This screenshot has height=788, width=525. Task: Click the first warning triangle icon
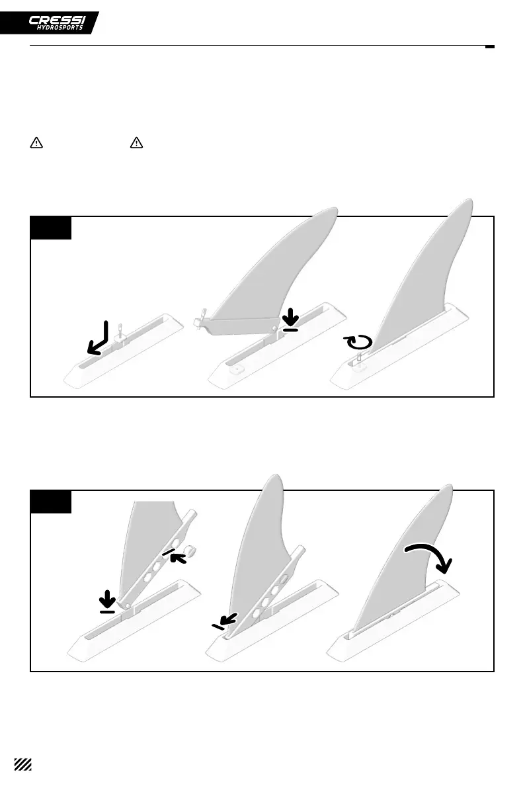coord(36,142)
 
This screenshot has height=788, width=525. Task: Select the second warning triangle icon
coord(136,142)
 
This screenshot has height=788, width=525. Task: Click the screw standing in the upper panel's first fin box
coord(118,329)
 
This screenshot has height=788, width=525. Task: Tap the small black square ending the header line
coord(490,46)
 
